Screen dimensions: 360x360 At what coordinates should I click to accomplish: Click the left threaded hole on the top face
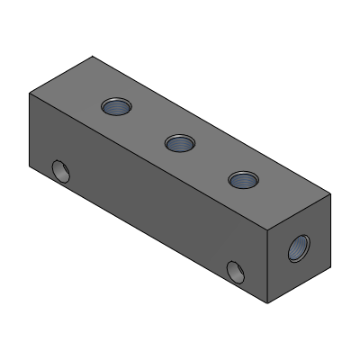(115, 106)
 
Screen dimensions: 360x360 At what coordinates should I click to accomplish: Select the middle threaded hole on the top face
(177, 141)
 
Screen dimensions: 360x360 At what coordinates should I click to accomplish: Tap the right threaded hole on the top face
(240, 179)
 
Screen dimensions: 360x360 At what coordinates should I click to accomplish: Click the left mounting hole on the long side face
(60, 169)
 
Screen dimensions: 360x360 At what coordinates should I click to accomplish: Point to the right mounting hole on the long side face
(236, 270)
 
